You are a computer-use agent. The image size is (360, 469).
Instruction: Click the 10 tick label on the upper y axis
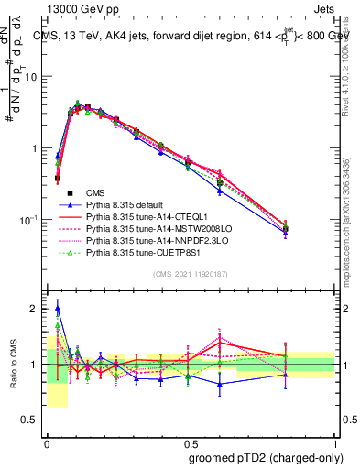[x=32, y=77]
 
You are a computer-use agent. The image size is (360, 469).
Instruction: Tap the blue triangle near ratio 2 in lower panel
[x=58, y=307]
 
